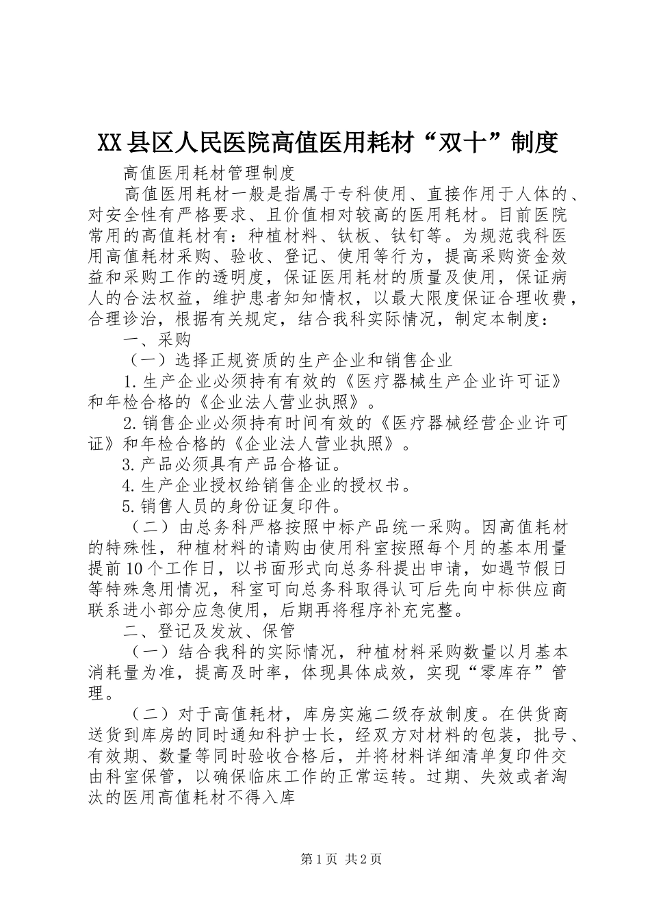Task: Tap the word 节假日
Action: [x=541, y=568]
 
